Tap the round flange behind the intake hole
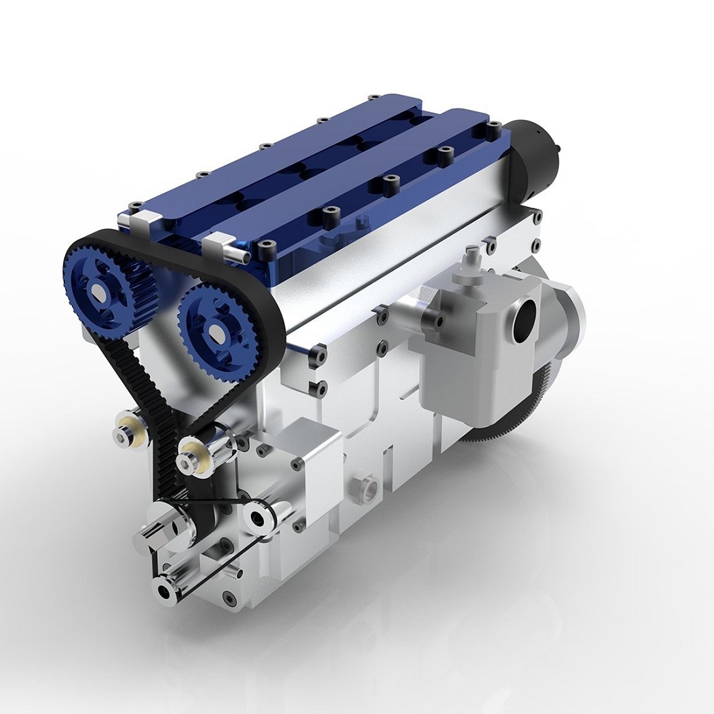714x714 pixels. coord(571,314)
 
